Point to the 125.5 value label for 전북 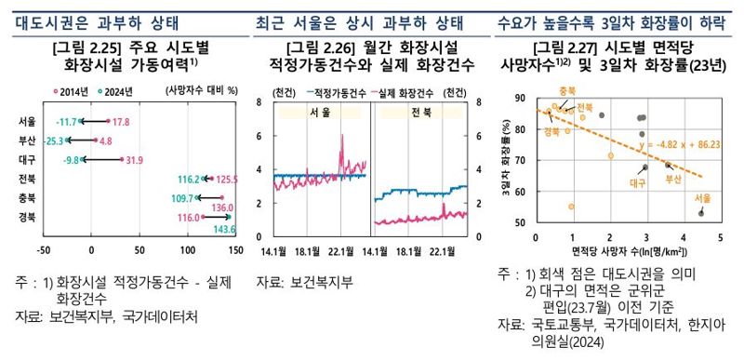pyautogui.click(x=224, y=179)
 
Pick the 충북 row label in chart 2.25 pyautogui.click(x=27, y=198)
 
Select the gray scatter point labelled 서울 pyautogui.click(x=700, y=213)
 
